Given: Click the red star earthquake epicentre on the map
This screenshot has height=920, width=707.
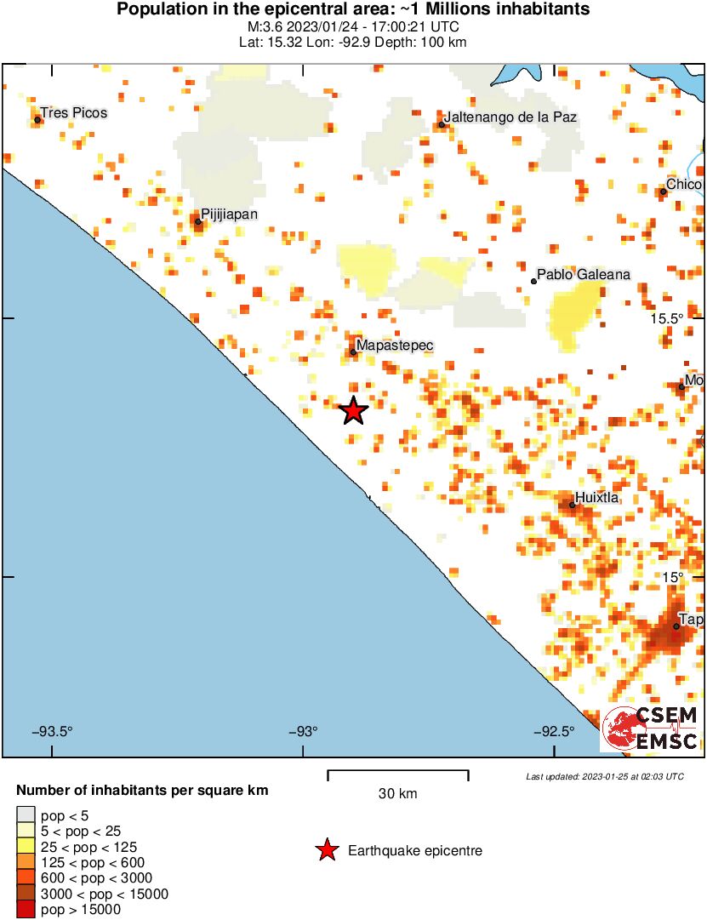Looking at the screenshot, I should click(353, 411).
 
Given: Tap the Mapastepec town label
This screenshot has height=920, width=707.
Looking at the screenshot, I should click(395, 346).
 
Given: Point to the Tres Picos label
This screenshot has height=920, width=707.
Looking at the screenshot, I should click(74, 112).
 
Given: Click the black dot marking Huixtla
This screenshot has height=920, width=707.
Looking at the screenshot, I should click(573, 506).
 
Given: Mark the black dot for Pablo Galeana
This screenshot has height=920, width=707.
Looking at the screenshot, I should click(533, 281).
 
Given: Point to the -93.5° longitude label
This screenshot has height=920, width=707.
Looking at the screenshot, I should click(53, 731).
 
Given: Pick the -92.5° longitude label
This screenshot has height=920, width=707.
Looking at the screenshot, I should click(553, 731).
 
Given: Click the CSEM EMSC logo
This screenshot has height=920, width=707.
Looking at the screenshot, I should click(651, 729).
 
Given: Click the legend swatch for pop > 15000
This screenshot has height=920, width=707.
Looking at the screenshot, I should click(26, 910).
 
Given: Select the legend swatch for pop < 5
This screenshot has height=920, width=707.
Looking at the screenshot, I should click(26, 815).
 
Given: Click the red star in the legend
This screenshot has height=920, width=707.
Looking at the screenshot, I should click(326, 850).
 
